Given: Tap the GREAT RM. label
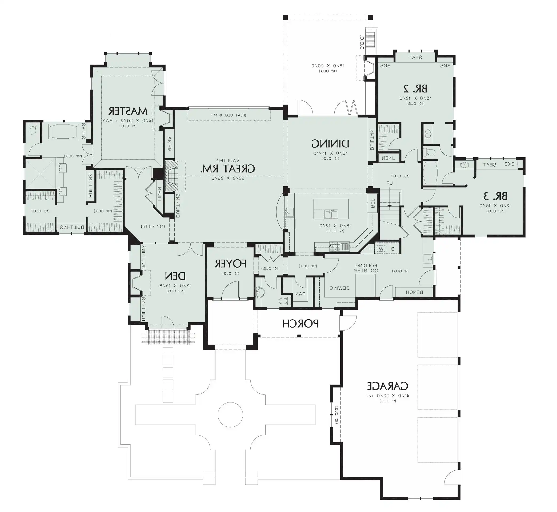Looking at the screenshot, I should (227, 169).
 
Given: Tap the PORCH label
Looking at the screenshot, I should (300, 324).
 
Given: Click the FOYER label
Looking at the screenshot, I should (230, 264).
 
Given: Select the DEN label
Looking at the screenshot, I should (175, 276).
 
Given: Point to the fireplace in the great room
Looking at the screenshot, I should (171, 176).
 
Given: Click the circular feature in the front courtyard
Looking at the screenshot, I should (230, 415).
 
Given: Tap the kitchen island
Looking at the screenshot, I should (331, 209).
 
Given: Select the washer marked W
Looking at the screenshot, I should (382, 249).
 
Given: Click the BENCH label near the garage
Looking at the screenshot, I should (414, 292).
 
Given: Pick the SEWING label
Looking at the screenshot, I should (339, 288).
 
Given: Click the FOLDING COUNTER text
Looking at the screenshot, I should (366, 268).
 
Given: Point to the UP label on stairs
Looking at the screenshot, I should (389, 183).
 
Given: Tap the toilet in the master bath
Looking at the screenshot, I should (33, 129).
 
